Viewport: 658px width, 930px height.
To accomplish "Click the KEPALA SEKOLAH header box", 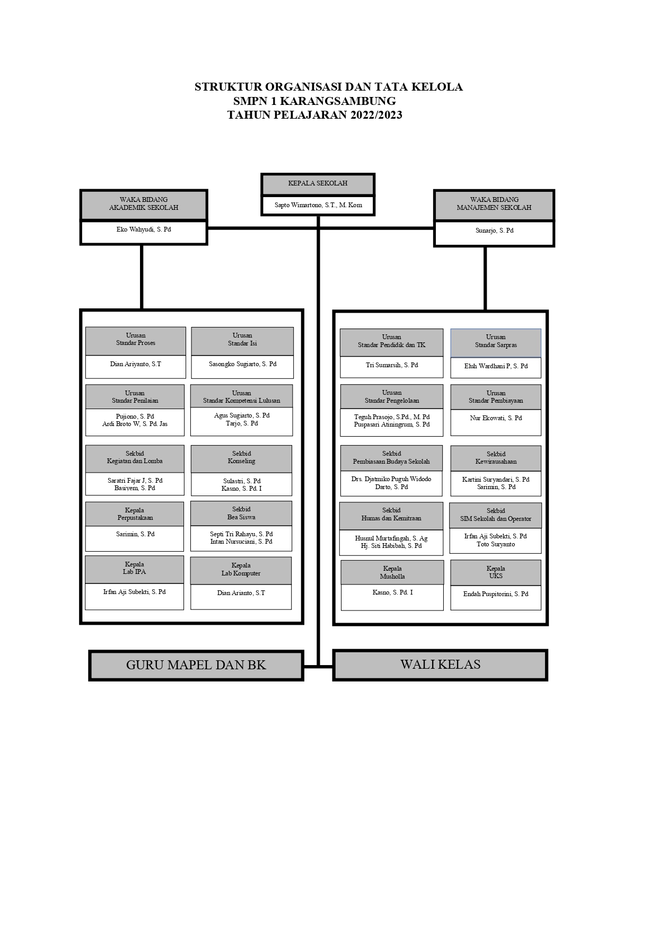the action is tap(318, 184).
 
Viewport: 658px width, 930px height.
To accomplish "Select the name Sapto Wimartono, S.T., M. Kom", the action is tap(318, 205).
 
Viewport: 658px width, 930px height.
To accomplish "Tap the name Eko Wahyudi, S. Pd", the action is tap(144, 230).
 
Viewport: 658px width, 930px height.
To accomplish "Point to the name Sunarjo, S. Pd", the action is tap(494, 231).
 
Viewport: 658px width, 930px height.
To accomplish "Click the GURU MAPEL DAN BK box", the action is tap(196, 665).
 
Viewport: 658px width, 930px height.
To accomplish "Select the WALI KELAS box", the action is tap(440, 665).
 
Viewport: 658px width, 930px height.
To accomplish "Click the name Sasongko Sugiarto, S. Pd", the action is tap(242, 364).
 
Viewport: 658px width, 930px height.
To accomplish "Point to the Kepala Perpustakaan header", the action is tap(135, 514).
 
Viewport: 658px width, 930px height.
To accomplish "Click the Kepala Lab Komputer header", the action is tap(241, 570).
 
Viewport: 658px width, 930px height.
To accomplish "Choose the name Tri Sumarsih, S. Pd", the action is tap(392, 365).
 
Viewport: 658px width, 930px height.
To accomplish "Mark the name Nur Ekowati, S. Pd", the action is tap(496, 418).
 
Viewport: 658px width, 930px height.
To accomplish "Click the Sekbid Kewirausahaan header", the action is tap(496, 458).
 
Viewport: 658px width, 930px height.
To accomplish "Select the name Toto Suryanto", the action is tap(496, 544).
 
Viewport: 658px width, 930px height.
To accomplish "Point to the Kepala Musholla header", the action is tap(392, 572).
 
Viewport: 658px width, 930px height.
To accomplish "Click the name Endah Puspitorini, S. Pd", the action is tap(496, 594).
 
